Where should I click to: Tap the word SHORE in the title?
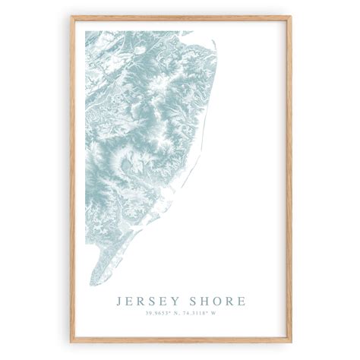click(216, 302)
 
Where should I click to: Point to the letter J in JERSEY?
click(119, 302)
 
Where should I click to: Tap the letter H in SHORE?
click(202, 302)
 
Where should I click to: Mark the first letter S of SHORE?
click(190, 302)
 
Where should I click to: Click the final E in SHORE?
click(242, 302)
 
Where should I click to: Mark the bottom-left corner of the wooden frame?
click(70, 343)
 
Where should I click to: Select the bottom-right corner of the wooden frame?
click(291, 343)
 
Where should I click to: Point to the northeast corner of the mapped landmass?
click(215, 36)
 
